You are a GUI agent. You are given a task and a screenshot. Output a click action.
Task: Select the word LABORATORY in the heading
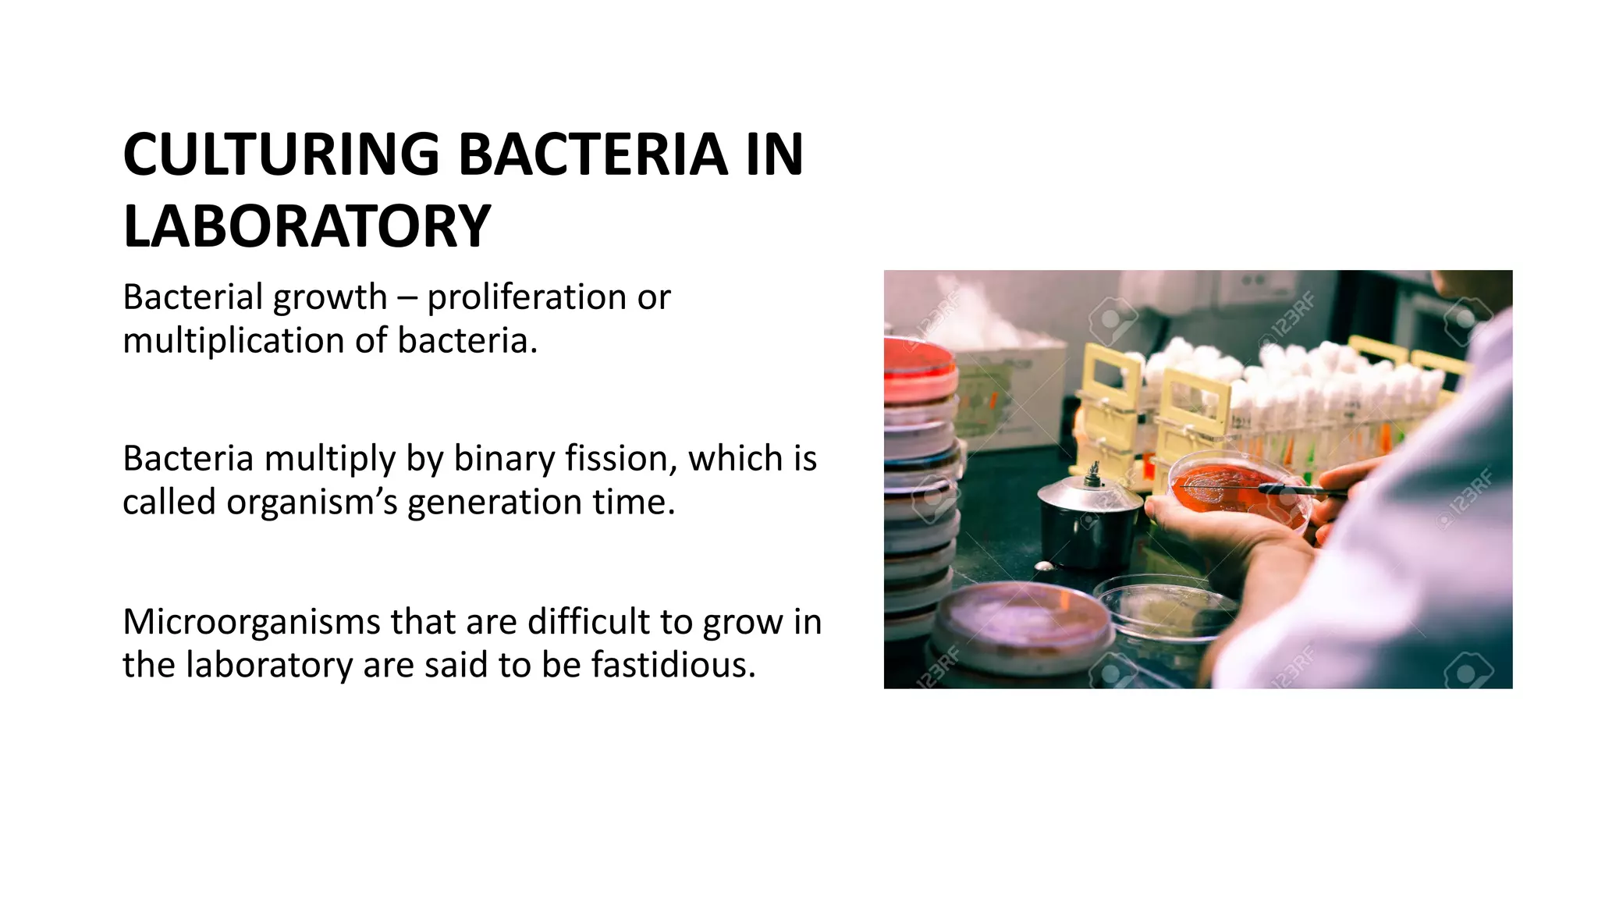point(307,227)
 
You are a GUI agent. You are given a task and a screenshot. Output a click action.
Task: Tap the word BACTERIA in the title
point(593,155)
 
